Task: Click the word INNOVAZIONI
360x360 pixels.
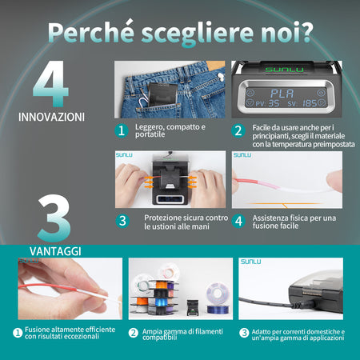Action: pyautogui.click(x=51, y=117)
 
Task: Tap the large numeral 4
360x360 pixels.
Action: pyautogui.click(x=50, y=83)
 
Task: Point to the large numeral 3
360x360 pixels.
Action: pyautogui.click(x=54, y=218)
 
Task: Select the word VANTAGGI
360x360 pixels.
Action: pyautogui.click(x=55, y=251)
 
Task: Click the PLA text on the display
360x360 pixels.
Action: pyautogui.click(x=282, y=94)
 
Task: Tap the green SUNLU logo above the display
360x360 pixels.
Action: pyautogui.click(x=284, y=70)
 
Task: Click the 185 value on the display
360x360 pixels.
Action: pyautogui.click(x=310, y=103)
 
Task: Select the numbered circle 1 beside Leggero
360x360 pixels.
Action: pyautogui.click(x=122, y=130)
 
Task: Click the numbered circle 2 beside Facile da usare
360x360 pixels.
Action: pyautogui.click(x=238, y=131)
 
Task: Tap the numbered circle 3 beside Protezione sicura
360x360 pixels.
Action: pyautogui.click(x=122, y=221)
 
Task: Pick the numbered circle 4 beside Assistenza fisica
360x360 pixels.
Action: pyautogui.click(x=238, y=221)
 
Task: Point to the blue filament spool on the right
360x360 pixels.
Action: pyautogui.click(x=218, y=298)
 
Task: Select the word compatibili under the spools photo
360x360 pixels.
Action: pyautogui.click(x=159, y=338)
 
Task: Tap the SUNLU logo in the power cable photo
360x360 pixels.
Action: pyautogui.click(x=250, y=262)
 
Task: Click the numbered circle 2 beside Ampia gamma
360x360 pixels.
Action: pyautogui.click(x=133, y=333)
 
